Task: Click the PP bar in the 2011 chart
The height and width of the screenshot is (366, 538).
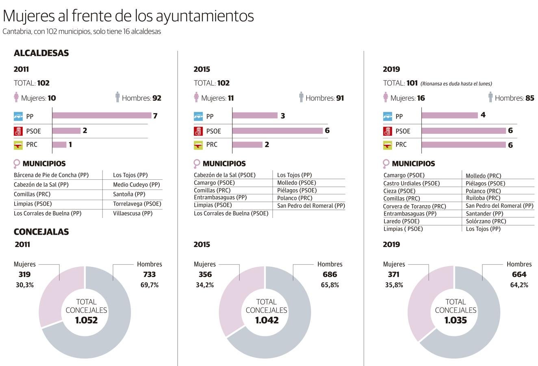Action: pyautogui.click(x=102, y=116)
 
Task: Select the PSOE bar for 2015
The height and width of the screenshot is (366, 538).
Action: pyautogui.click(x=278, y=131)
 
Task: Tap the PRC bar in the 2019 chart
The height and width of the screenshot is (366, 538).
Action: pyautogui.click(x=464, y=145)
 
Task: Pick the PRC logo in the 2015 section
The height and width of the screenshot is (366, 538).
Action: pyautogui.click(x=198, y=145)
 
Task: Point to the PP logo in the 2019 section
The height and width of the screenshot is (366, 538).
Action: pyautogui.click(x=388, y=116)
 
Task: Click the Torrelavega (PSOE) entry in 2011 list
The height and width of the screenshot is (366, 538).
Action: pyautogui.click(x=137, y=204)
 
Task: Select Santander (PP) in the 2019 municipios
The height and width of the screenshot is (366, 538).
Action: pyautogui.click(x=484, y=213)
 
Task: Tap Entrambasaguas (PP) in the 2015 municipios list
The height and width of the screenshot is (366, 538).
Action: pyautogui.click(x=220, y=198)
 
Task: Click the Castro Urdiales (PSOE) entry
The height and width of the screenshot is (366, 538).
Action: pyautogui.click(x=411, y=183)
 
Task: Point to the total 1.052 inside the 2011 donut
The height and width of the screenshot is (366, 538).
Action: pyautogui.click(x=87, y=320)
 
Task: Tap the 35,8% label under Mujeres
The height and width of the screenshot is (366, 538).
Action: pyautogui.click(x=394, y=285)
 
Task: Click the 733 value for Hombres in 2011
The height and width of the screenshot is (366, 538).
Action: pyautogui.click(x=150, y=274)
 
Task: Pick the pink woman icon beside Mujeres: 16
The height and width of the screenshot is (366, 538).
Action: pyautogui.click(x=386, y=98)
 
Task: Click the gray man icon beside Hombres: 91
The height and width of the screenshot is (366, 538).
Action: pyautogui.click(x=301, y=97)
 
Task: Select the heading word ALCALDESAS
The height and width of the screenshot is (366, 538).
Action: pyautogui.click(x=41, y=53)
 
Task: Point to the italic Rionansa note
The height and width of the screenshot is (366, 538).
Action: pyautogui.click(x=456, y=84)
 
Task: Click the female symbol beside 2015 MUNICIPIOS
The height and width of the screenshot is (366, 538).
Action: pyautogui.click(x=197, y=164)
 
